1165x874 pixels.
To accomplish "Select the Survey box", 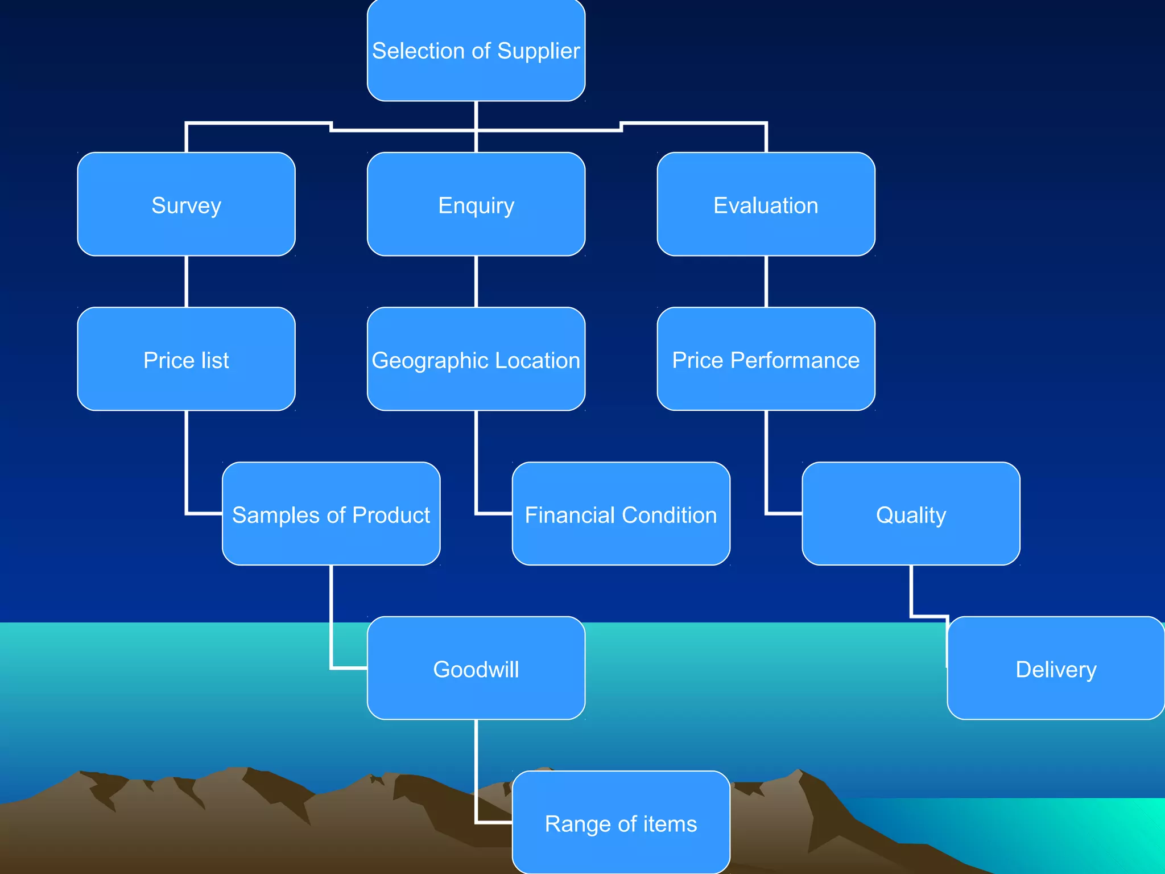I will [186, 204].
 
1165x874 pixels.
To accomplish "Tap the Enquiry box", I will [476, 204].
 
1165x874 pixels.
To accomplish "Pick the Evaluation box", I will [766, 204].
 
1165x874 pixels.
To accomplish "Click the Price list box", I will [186, 359].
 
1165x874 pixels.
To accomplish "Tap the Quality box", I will [911, 514].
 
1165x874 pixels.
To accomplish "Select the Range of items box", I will [621, 823].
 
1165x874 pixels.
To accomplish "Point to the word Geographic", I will [429, 361].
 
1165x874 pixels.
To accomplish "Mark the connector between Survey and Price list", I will [187, 282].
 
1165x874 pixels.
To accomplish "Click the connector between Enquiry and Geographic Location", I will [476, 282].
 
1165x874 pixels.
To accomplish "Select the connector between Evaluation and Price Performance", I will [766, 282].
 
